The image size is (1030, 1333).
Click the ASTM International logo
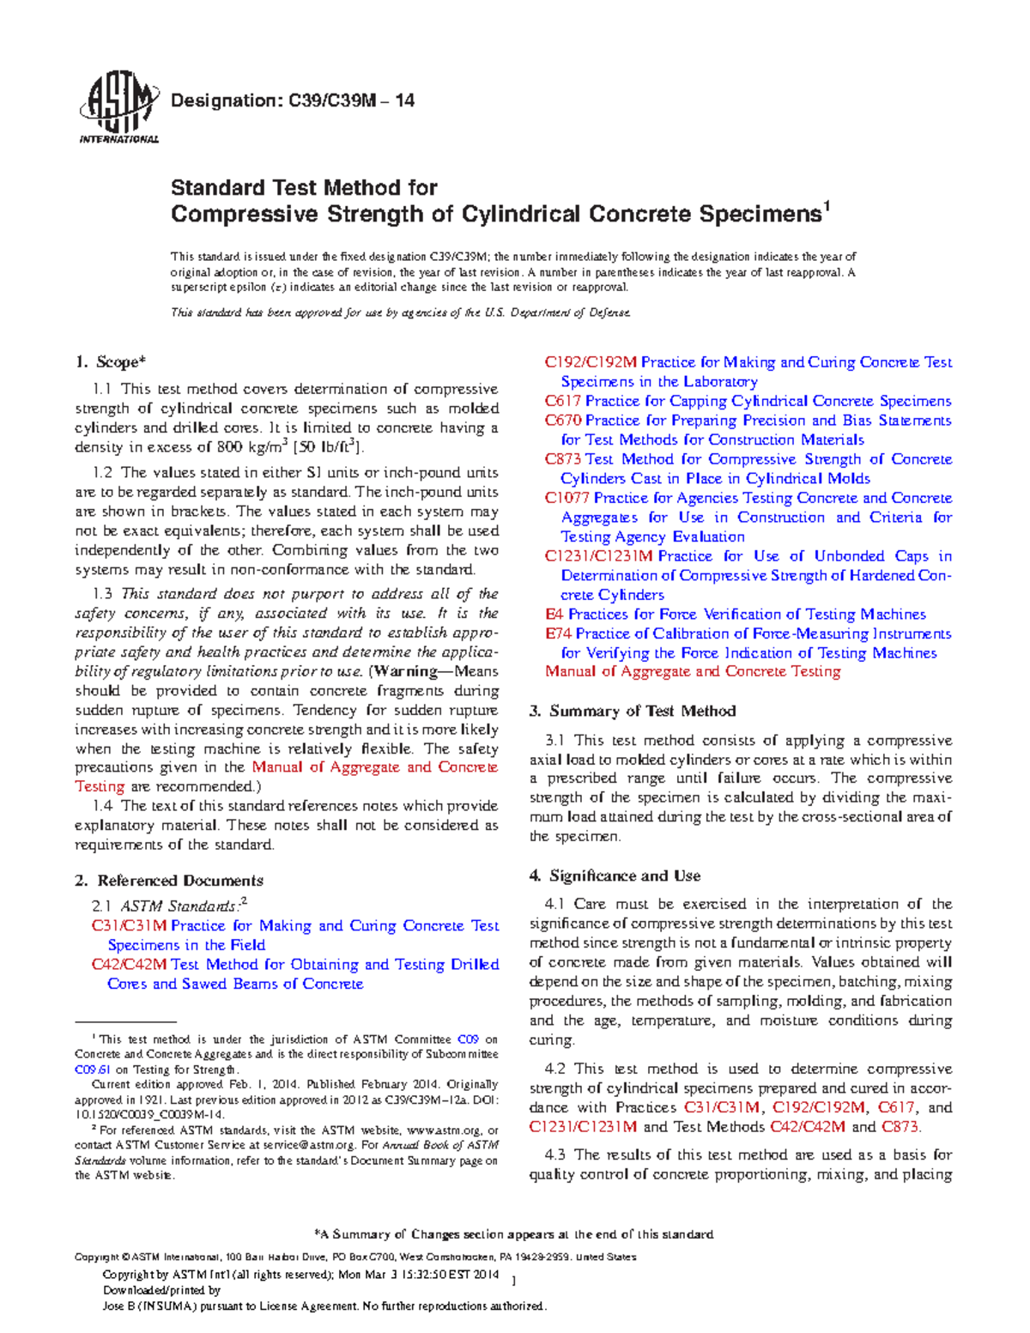click(118, 107)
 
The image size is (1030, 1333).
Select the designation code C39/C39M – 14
click(350, 100)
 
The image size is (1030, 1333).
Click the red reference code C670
click(563, 421)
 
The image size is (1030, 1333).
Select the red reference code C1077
click(567, 498)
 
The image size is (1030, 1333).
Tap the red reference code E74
click(558, 633)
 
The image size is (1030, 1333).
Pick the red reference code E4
click(554, 615)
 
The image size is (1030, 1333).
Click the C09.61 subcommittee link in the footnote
click(93, 1069)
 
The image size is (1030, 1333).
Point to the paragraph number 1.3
click(103, 594)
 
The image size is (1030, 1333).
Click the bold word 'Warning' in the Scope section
click(408, 671)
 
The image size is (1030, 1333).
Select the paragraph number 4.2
click(554, 1069)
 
